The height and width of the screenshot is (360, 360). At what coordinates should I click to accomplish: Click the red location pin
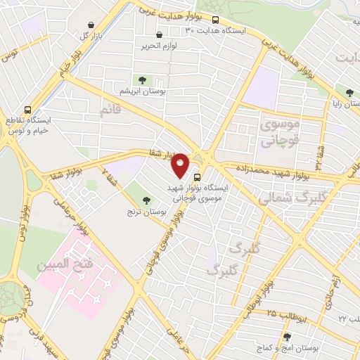181,165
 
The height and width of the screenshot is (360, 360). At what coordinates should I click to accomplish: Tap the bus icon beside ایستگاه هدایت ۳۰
215,20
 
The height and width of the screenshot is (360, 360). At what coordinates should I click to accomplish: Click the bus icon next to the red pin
196,177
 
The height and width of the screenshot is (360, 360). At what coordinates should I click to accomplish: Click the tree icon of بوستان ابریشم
143,80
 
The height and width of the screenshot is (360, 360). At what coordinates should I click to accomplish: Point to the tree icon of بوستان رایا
349,92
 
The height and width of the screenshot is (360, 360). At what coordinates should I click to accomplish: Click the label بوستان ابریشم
143,91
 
